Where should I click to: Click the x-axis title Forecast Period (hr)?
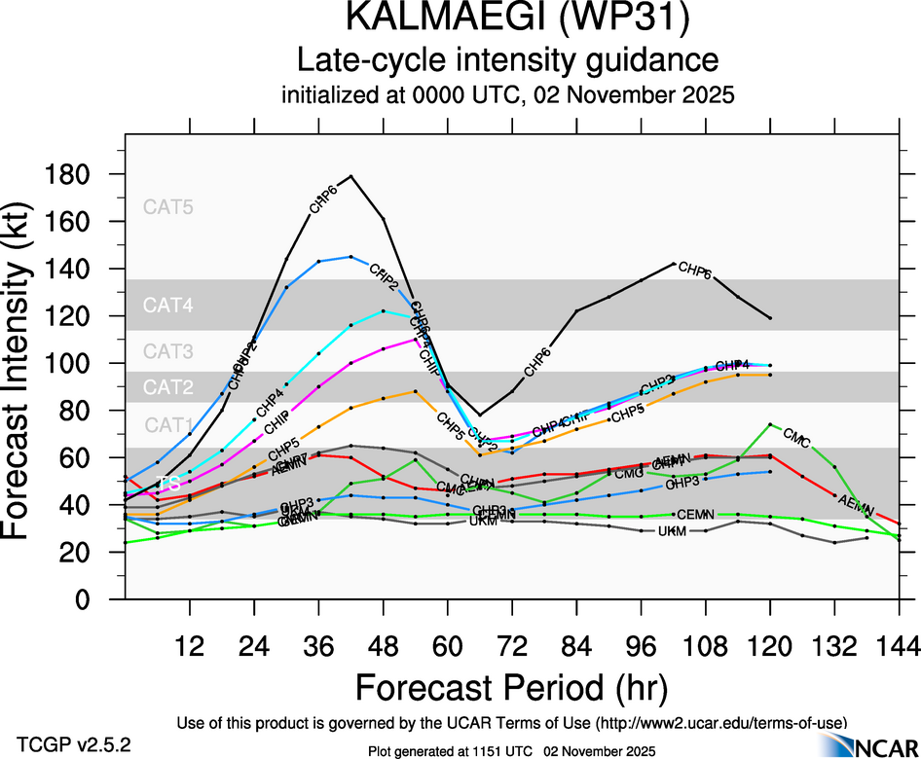pos(510,688)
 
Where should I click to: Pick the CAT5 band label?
pos(168,206)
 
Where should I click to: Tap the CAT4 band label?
pos(168,306)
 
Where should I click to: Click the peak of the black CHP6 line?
pos(350,176)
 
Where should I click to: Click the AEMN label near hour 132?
pos(855,504)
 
